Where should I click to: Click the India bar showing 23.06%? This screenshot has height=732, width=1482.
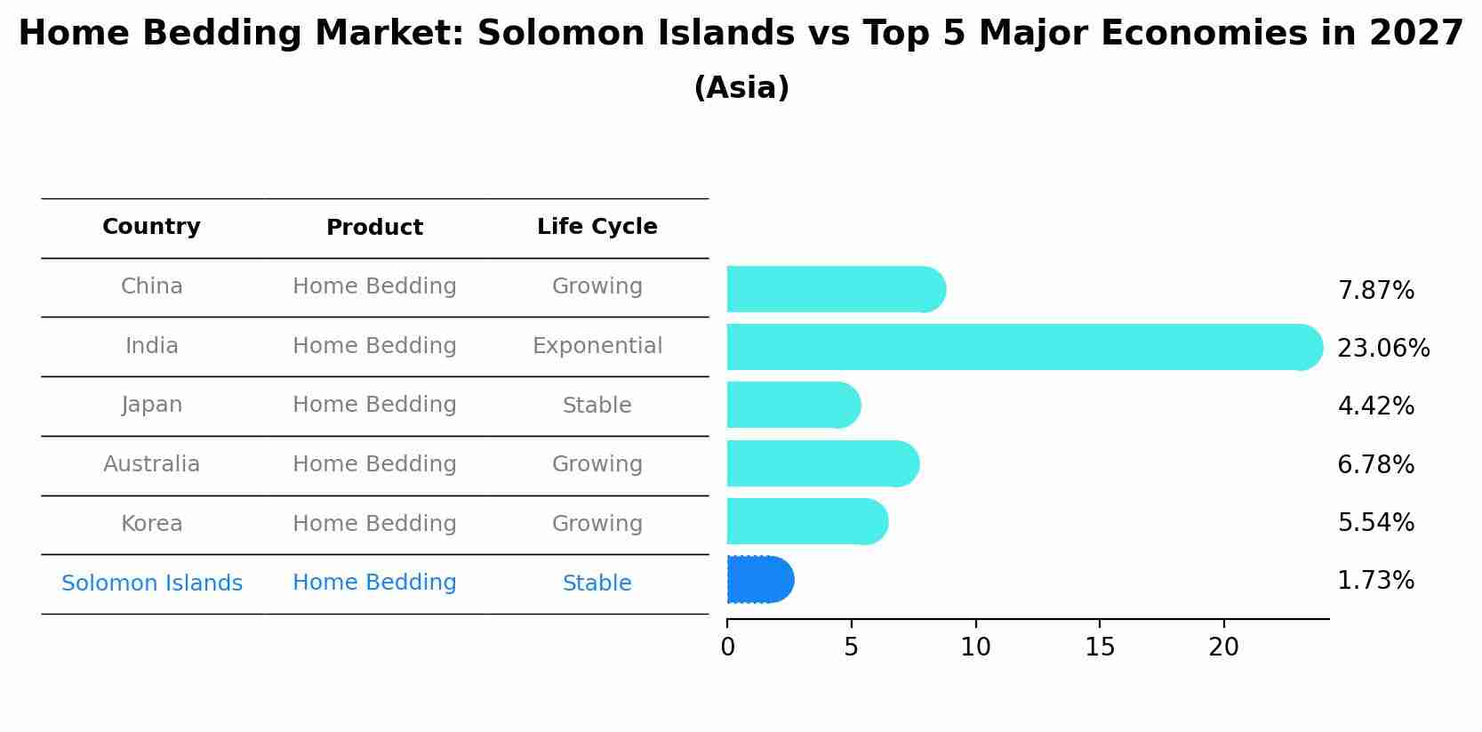1022,347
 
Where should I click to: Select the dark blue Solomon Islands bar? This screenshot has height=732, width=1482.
759,580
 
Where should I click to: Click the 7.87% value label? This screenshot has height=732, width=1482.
1375,291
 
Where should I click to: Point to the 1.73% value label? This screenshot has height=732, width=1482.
1375,581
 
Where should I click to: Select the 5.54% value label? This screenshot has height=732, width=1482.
1375,523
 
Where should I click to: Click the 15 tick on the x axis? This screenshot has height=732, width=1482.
1100,648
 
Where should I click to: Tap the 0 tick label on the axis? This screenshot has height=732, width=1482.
727,648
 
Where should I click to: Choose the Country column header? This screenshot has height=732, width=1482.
151,227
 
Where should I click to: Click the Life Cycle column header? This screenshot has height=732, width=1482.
597,227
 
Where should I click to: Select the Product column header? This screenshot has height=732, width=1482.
374,228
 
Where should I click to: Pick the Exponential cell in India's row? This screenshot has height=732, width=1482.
597,346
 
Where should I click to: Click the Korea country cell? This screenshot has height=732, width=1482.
151,524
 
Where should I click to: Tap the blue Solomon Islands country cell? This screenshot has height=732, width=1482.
151,583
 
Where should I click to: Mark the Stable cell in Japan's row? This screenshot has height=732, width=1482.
597,406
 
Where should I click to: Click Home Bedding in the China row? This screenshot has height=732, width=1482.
374,286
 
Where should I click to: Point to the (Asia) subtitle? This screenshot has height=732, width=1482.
741,88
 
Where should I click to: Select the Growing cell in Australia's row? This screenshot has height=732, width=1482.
597,464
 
